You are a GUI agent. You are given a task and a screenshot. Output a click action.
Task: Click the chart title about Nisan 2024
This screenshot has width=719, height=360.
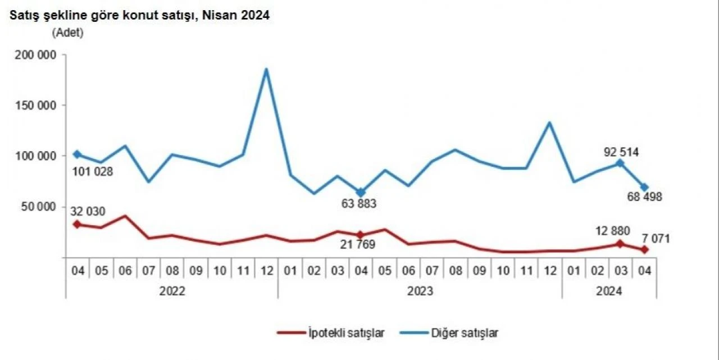tap(139, 16)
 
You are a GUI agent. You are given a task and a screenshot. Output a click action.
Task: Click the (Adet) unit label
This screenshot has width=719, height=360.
tap(67, 33)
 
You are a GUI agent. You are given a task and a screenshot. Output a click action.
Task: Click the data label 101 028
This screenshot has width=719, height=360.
tap(92, 171)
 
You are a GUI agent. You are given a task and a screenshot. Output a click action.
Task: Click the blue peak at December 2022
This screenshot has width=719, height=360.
tap(267, 69)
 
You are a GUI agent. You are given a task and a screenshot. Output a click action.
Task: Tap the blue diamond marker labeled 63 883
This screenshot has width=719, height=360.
tap(361, 193)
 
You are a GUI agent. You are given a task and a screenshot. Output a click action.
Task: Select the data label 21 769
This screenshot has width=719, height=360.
tap(357, 245)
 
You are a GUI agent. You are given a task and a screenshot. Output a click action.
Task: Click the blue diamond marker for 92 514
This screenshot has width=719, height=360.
tap(620, 163)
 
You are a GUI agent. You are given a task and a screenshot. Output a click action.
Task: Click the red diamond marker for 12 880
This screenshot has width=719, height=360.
tap(620, 244)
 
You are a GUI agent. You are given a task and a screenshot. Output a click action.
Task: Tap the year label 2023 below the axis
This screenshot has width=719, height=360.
tap(420, 291)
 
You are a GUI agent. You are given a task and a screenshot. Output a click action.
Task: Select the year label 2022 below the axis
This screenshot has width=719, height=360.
tap(171, 291)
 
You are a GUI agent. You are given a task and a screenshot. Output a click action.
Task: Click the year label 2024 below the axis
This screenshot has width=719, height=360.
tap(609, 291)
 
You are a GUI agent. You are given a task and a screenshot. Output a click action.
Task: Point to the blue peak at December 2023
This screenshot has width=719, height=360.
tap(550, 122)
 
